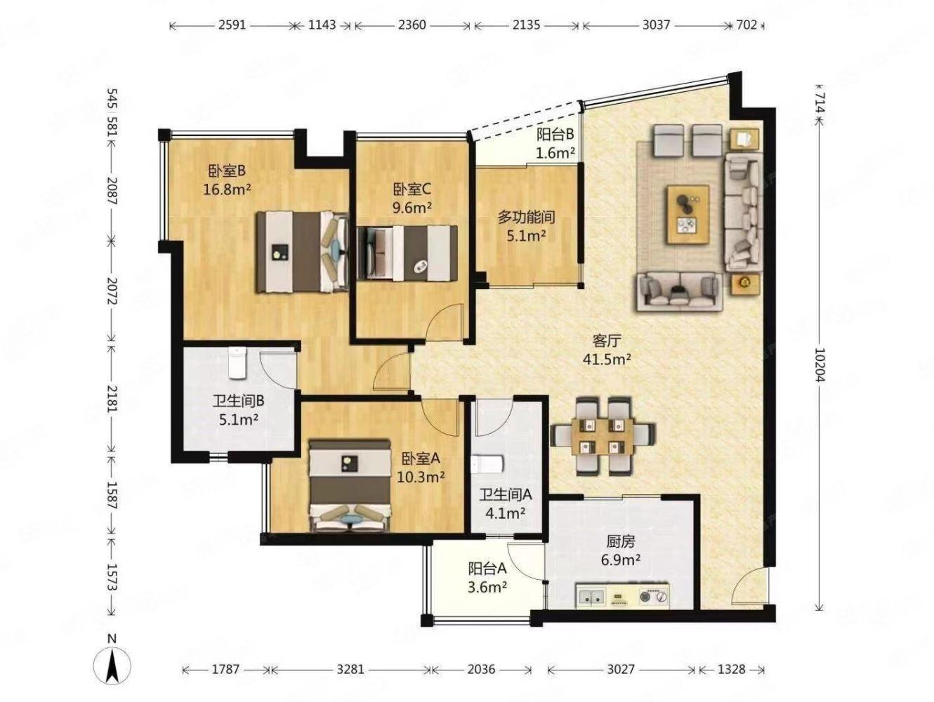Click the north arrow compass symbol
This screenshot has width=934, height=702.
click(112, 667)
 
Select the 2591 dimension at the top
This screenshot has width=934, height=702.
click(232, 25)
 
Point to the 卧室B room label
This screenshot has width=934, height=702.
click(226, 171)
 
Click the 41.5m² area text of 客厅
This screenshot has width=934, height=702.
click(606, 359)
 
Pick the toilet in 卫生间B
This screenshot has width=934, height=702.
click(237, 362)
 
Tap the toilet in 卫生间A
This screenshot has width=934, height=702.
click(488, 464)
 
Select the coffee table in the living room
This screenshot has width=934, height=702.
click(688, 214)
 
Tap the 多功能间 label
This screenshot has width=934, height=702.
click(526, 218)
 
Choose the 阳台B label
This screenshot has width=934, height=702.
click(555, 134)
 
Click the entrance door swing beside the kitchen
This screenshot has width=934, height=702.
click(750, 585)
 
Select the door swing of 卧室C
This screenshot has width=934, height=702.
click(445, 322)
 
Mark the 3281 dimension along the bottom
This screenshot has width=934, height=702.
click(350, 670)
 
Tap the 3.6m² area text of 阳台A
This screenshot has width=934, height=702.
click(487, 588)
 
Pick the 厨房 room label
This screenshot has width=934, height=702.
click(621, 542)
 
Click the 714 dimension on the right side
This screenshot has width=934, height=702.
click(819, 103)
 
